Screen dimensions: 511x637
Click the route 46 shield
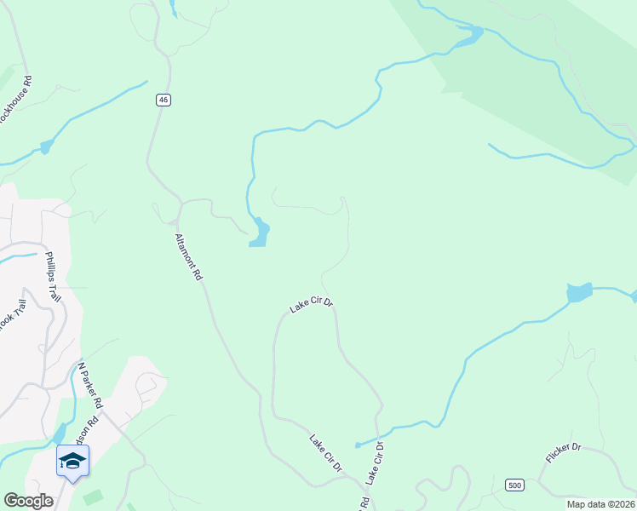pyautogui.click(x=164, y=100)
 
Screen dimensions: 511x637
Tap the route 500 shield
pyautogui.click(x=514, y=485)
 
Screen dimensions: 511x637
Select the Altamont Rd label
pyautogui.click(x=188, y=257)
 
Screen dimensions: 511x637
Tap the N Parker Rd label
pyautogui.click(x=90, y=386)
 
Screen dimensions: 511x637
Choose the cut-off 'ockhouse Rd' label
pyautogui.click(x=17, y=100)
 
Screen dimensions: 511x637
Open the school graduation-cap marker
pyautogui.click(x=72, y=462)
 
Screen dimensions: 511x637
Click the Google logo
pyautogui.click(x=28, y=501)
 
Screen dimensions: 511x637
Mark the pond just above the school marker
pyautogui.click(x=60, y=433)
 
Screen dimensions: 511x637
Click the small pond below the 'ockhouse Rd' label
pyautogui.click(x=46, y=146)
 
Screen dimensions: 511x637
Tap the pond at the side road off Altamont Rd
pyautogui.click(x=259, y=233)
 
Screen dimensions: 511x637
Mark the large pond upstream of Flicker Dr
pyautogui.click(x=579, y=292)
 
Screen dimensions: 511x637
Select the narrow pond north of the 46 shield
pyautogui.click(x=173, y=9)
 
